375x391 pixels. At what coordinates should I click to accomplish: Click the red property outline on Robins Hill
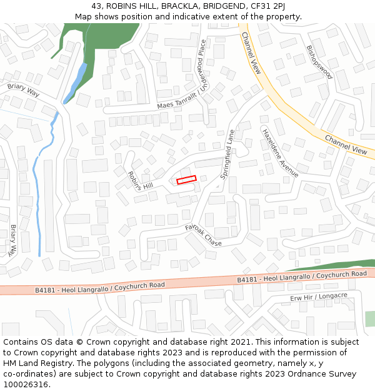(x=186, y=180)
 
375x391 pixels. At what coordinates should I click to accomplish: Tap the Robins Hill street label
(x=140, y=181)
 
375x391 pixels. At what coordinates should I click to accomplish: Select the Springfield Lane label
(x=227, y=155)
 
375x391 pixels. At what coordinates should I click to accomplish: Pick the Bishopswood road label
(x=319, y=62)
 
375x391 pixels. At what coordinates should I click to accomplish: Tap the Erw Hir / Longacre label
(x=319, y=297)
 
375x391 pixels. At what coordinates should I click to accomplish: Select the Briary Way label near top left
(x=23, y=90)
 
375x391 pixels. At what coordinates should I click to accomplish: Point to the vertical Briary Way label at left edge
(x=13, y=240)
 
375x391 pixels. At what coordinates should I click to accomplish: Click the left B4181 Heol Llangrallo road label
(x=100, y=287)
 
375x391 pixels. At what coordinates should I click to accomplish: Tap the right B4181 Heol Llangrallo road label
(x=302, y=277)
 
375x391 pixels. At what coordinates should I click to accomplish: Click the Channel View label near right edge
(x=345, y=145)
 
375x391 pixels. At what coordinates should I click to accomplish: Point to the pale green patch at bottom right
(x=370, y=318)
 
